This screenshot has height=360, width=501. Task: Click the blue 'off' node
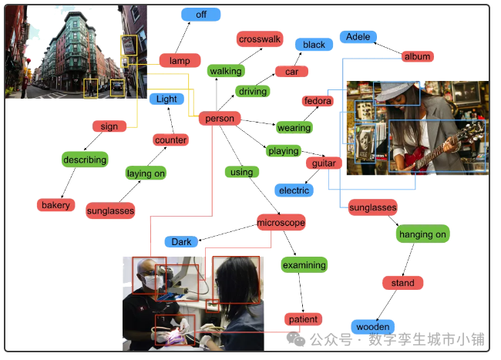click(x=200, y=15)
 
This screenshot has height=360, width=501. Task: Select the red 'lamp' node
click(x=180, y=61)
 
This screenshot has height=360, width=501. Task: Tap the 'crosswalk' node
click(x=260, y=39)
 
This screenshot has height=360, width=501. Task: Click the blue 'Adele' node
click(x=358, y=37)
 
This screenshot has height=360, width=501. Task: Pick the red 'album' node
click(x=417, y=56)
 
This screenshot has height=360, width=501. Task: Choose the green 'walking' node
click(x=225, y=71)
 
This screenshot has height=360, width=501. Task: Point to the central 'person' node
click(x=220, y=119)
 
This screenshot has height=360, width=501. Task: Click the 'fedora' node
click(x=317, y=101)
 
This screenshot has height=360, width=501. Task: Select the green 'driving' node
click(x=252, y=92)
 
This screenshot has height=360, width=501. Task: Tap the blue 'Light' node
click(x=166, y=99)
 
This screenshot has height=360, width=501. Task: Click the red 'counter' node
click(x=170, y=140)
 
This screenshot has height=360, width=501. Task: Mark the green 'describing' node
click(x=85, y=160)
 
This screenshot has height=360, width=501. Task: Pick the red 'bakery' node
click(x=55, y=205)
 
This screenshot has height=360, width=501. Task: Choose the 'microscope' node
click(x=281, y=223)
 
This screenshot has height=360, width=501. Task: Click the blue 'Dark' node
click(x=181, y=242)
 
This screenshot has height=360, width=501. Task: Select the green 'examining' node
click(x=304, y=265)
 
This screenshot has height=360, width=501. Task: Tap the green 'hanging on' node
click(x=422, y=234)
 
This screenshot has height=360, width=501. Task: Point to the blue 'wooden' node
click(x=372, y=327)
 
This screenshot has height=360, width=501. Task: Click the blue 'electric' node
click(x=294, y=190)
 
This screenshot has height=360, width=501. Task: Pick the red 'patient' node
click(x=302, y=319)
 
